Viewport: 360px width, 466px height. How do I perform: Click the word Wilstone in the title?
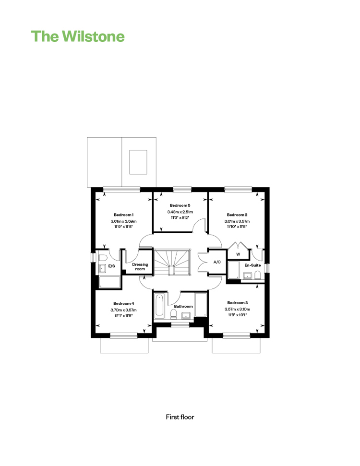pos(93,36)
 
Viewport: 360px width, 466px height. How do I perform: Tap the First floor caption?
pos(180,417)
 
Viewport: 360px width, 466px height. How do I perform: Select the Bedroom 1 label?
pos(124,215)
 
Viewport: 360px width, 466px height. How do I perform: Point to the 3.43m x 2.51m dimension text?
pos(180,212)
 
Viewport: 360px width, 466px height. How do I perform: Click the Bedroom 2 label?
pos(237,215)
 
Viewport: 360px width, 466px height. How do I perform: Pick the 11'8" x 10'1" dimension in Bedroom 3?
pos(238,315)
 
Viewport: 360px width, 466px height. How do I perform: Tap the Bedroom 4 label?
pos(124,303)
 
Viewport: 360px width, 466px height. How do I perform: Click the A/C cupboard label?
pos(217,262)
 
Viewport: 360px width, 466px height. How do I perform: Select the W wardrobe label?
pos(238,254)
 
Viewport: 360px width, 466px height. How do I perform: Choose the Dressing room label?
pos(140,266)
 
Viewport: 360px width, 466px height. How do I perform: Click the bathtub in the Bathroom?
pos(159,306)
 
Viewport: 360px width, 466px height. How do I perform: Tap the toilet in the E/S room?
pos(103,258)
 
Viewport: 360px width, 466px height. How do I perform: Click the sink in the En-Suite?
pos(247,276)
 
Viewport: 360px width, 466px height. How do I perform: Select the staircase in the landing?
pos(172,262)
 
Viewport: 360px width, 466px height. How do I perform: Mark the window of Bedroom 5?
pos(182,189)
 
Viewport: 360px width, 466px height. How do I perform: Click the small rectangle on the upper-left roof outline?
pos(138,162)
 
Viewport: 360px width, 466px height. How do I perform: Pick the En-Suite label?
pos(252,265)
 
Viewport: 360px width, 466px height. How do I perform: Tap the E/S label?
pos(111,266)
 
